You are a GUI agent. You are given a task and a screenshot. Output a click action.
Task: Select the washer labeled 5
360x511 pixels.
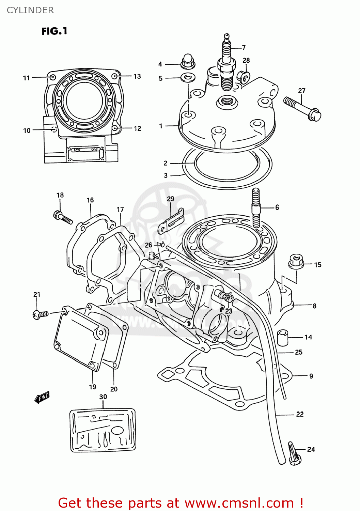click(188, 78)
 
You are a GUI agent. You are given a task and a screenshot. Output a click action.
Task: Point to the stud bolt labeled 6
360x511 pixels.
click(256, 208)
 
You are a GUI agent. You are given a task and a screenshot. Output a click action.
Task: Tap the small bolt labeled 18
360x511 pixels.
click(63, 217)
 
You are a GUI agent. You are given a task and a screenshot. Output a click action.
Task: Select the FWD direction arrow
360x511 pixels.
click(42, 397)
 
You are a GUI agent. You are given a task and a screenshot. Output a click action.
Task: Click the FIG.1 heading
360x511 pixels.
click(54, 31)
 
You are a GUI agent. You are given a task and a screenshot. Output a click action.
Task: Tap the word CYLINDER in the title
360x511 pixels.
click(30, 10)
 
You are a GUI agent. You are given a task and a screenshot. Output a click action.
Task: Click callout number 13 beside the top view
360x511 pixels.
click(137, 76)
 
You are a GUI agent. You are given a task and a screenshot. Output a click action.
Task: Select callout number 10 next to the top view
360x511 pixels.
click(27, 130)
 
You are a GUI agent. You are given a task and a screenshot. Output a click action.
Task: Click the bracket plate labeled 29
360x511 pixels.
click(171, 221)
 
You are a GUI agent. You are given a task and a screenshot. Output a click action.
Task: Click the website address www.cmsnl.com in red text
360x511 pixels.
click(239, 503)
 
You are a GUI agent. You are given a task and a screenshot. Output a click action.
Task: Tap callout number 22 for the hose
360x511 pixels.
click(299, 414)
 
